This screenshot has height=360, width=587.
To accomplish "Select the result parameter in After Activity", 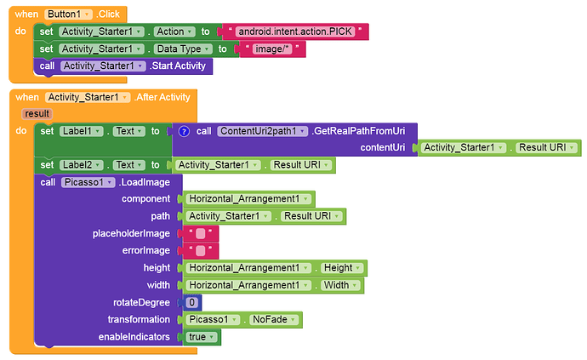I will (37, 113).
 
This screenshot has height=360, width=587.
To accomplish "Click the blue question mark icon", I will (183, 131).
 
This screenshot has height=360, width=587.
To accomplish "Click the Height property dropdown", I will (344, 267).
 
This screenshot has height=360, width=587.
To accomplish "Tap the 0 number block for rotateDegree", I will (192, 302).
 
